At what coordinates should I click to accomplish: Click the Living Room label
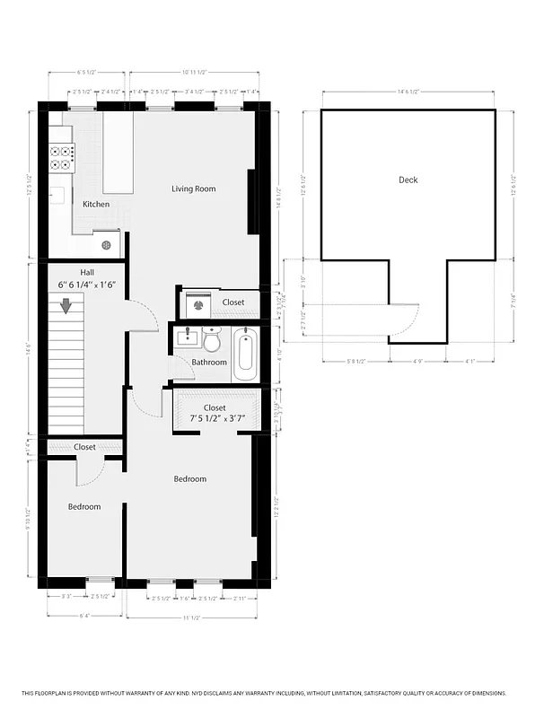(194, 188)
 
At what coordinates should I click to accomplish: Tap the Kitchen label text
(96, 205)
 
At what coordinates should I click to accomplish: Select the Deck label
(408, 179)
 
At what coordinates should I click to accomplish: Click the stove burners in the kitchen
(62, 158)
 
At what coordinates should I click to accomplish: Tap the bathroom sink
(189, 337)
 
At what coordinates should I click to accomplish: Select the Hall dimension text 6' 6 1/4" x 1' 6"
(87, 285)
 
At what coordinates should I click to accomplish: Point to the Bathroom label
(209, 363)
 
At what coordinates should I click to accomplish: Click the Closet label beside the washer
(233, 302)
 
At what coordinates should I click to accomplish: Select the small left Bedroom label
(84, 507)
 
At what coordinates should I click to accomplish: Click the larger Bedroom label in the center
(189, 479)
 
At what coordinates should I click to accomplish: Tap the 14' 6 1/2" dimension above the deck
(408, 92)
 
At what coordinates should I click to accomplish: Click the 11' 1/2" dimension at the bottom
(189, 617)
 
